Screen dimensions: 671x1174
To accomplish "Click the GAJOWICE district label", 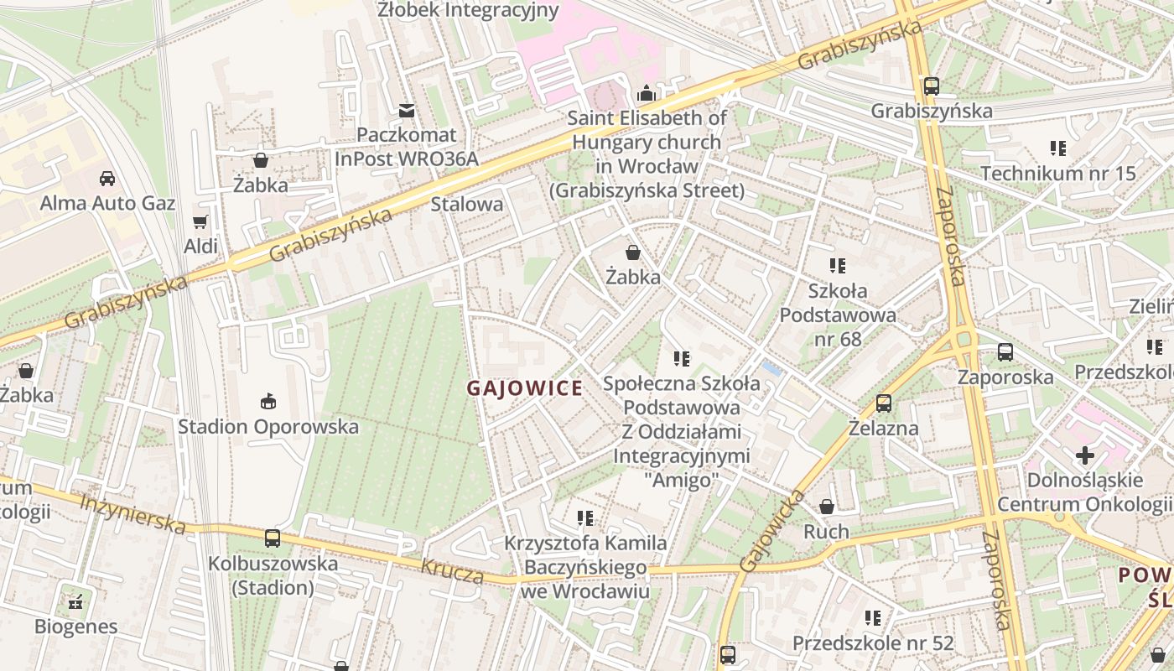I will [x=524, y=388].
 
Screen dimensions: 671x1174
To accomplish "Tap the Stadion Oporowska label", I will [x=268, y=426].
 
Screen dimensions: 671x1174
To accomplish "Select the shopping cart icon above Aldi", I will [x=200, y=221].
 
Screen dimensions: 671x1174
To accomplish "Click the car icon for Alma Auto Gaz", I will [x=107, y=178].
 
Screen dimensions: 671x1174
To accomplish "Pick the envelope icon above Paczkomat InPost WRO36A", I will [x=407, y=110].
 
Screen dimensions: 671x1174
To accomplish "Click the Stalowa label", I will [x=466, y=204].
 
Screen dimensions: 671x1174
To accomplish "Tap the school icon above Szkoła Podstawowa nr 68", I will [x=837, y=266].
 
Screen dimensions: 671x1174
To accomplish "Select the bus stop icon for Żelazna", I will [x=883, y=403].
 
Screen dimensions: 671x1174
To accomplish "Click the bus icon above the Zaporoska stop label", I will [x=1005, y=352].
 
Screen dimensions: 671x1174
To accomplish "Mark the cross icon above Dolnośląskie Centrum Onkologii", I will [x=1085, y=455].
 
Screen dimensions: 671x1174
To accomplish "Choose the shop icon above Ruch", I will [x=826, y=507].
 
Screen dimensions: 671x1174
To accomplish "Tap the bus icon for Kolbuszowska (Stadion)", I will [x=273, y=538].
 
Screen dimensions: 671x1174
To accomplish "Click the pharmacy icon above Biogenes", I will [x=75, y=601].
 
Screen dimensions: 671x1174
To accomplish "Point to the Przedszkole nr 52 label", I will [x=873, y=643].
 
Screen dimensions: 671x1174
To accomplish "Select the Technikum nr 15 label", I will [x=1057, y=174].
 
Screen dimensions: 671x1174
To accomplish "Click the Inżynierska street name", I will [x=132, y=513].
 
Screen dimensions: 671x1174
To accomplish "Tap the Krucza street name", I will [x=452, y=571].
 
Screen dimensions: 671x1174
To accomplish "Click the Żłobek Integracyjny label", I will [x=468, y=10].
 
